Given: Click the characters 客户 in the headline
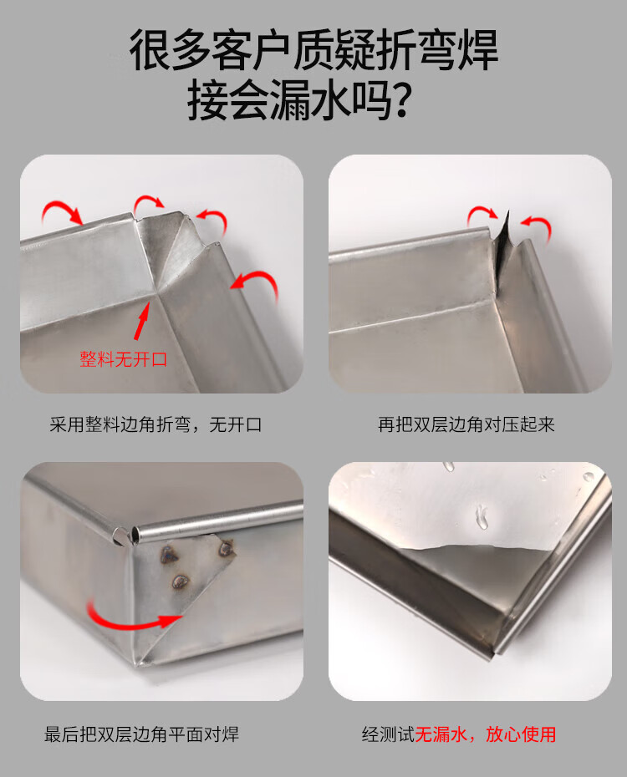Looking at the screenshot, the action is pyautogui.click(x=250, y=50).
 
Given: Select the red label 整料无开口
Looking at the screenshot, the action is pyautogui.click(x=124, y=359).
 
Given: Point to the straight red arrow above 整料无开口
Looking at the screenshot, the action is pyautogui.click(x=142, y=320).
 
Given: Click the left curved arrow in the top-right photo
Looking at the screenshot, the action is pyautogui.click(x=482, y=212).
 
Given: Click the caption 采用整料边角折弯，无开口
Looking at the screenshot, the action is pyautogui.click(x=155, y=424).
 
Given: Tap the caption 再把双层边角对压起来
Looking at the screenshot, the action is pyautogui.click(x=466, y=424).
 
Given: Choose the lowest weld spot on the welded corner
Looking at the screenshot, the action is pyautogui.click(x=180, y=581).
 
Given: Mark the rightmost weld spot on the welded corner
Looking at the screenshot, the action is pyautogui.click(x=227, y=548).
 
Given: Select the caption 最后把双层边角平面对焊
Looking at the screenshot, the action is pyautogui.click(x=142, y=734).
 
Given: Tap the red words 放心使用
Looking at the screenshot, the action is pyautogui.click(x=521, y=734).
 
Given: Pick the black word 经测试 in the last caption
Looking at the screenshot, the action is pyautogui.click(x=388, y=734).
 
